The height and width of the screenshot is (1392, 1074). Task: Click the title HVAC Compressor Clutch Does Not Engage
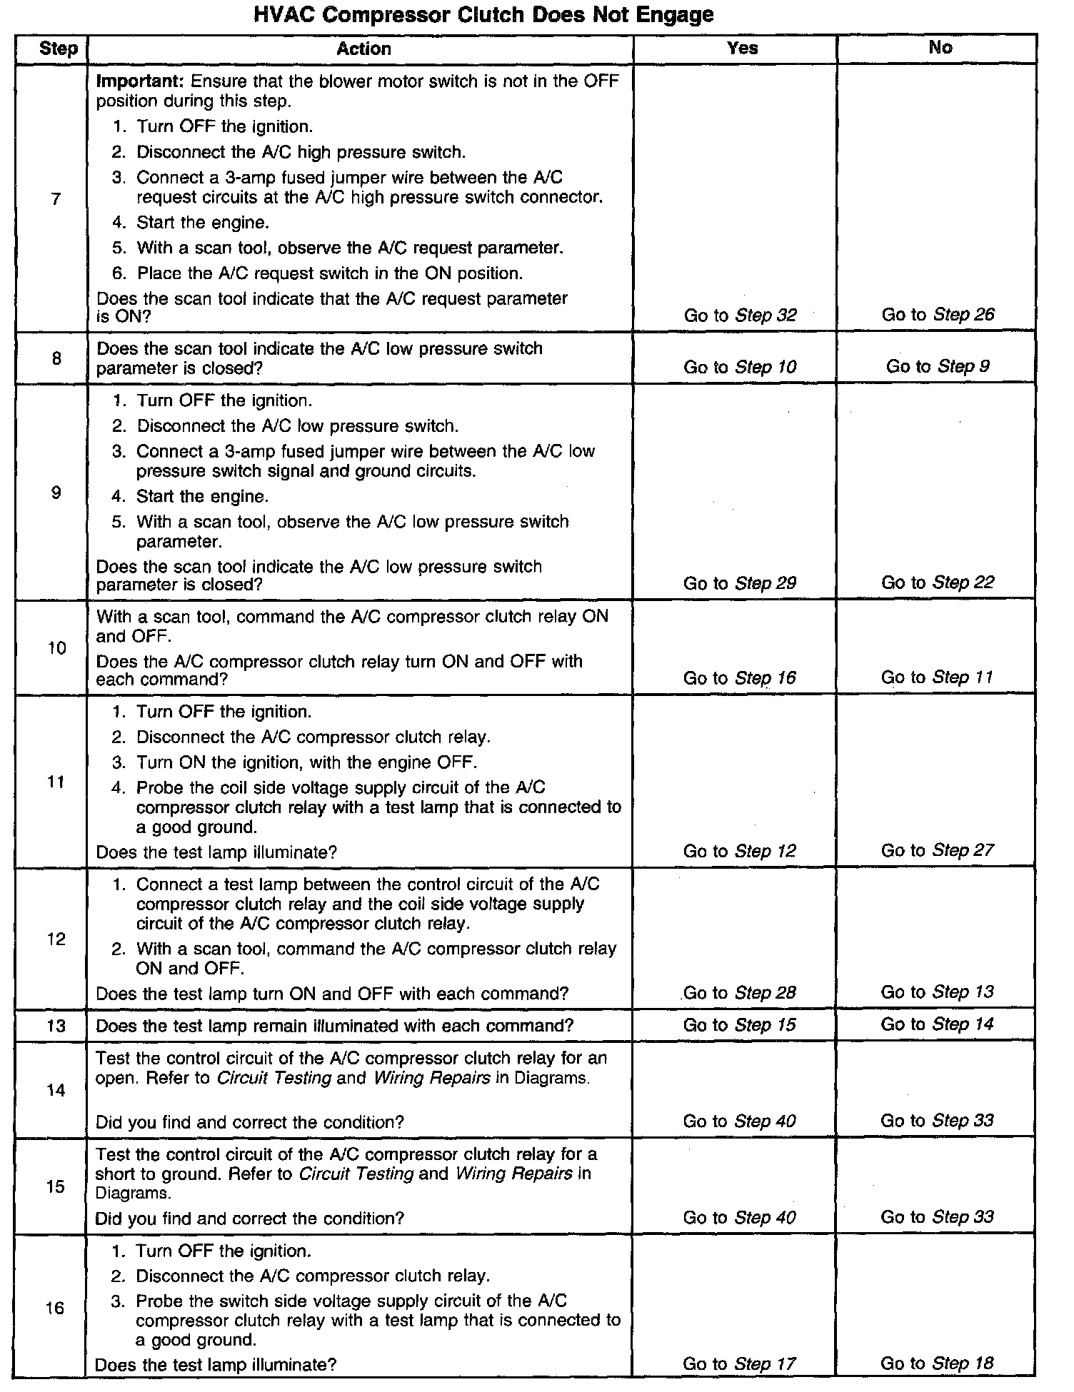coord(483,14)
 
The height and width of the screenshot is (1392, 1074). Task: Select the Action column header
coord(363,49)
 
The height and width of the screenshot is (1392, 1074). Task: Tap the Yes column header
coord(742,48)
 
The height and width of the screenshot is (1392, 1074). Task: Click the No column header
coord(940,47)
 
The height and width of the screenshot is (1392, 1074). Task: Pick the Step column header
coord(59,49)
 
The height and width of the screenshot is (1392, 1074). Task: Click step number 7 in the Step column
coord(56,199)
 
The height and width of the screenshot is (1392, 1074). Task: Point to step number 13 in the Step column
coord(56,1026)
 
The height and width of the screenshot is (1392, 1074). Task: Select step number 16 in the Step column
coord(55,1308)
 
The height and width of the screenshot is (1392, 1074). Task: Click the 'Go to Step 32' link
coord(740,316)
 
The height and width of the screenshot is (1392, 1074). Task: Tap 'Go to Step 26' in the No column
coord(938,315)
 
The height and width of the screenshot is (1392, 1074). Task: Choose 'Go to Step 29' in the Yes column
coord(739,583)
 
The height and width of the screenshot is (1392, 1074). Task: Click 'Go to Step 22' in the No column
coord(937,582)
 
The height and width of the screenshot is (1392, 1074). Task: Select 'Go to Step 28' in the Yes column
coord(739,993)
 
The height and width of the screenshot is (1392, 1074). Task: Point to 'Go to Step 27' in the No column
coord(937,850)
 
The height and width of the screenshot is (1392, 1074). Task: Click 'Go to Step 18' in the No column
coord(937,1363)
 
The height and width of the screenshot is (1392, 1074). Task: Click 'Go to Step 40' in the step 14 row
coord(739,1121)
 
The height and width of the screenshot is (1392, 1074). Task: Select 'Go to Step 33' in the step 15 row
coord(937,1217)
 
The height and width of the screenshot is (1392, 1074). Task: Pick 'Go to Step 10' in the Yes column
coord(739,367)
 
